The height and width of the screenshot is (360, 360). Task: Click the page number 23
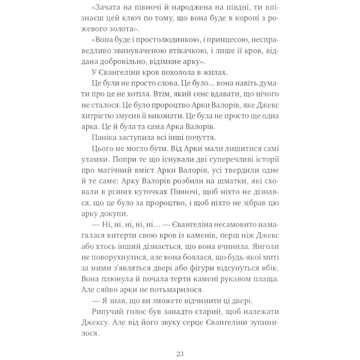(180, 353)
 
